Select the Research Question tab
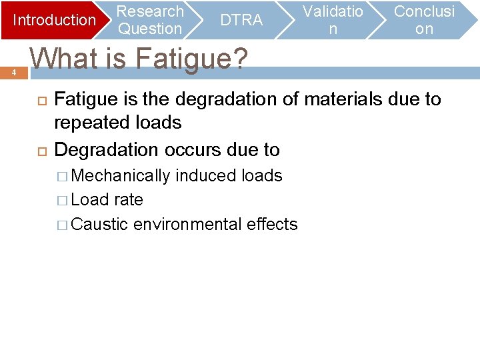(150, 20)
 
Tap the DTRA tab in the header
(241, 20)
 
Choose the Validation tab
(333, 20)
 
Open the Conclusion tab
(424, 20)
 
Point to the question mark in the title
(238, 59)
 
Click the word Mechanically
(120, 175)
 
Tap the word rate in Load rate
(129, 199)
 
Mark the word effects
(272, 224)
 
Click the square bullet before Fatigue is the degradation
(39, 100)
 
